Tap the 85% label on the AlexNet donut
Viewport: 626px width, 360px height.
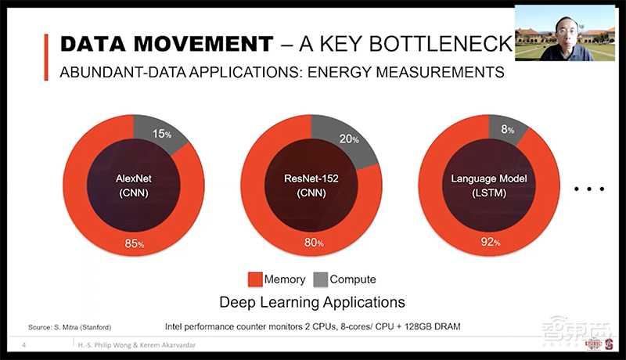(x=135, y=243)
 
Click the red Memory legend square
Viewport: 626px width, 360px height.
(x=254, y=279)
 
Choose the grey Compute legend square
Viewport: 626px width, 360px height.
(x=320, y=279)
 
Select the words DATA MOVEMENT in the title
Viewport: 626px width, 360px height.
(x=167, y=44)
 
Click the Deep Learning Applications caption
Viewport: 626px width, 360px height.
(x=311, y=301)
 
